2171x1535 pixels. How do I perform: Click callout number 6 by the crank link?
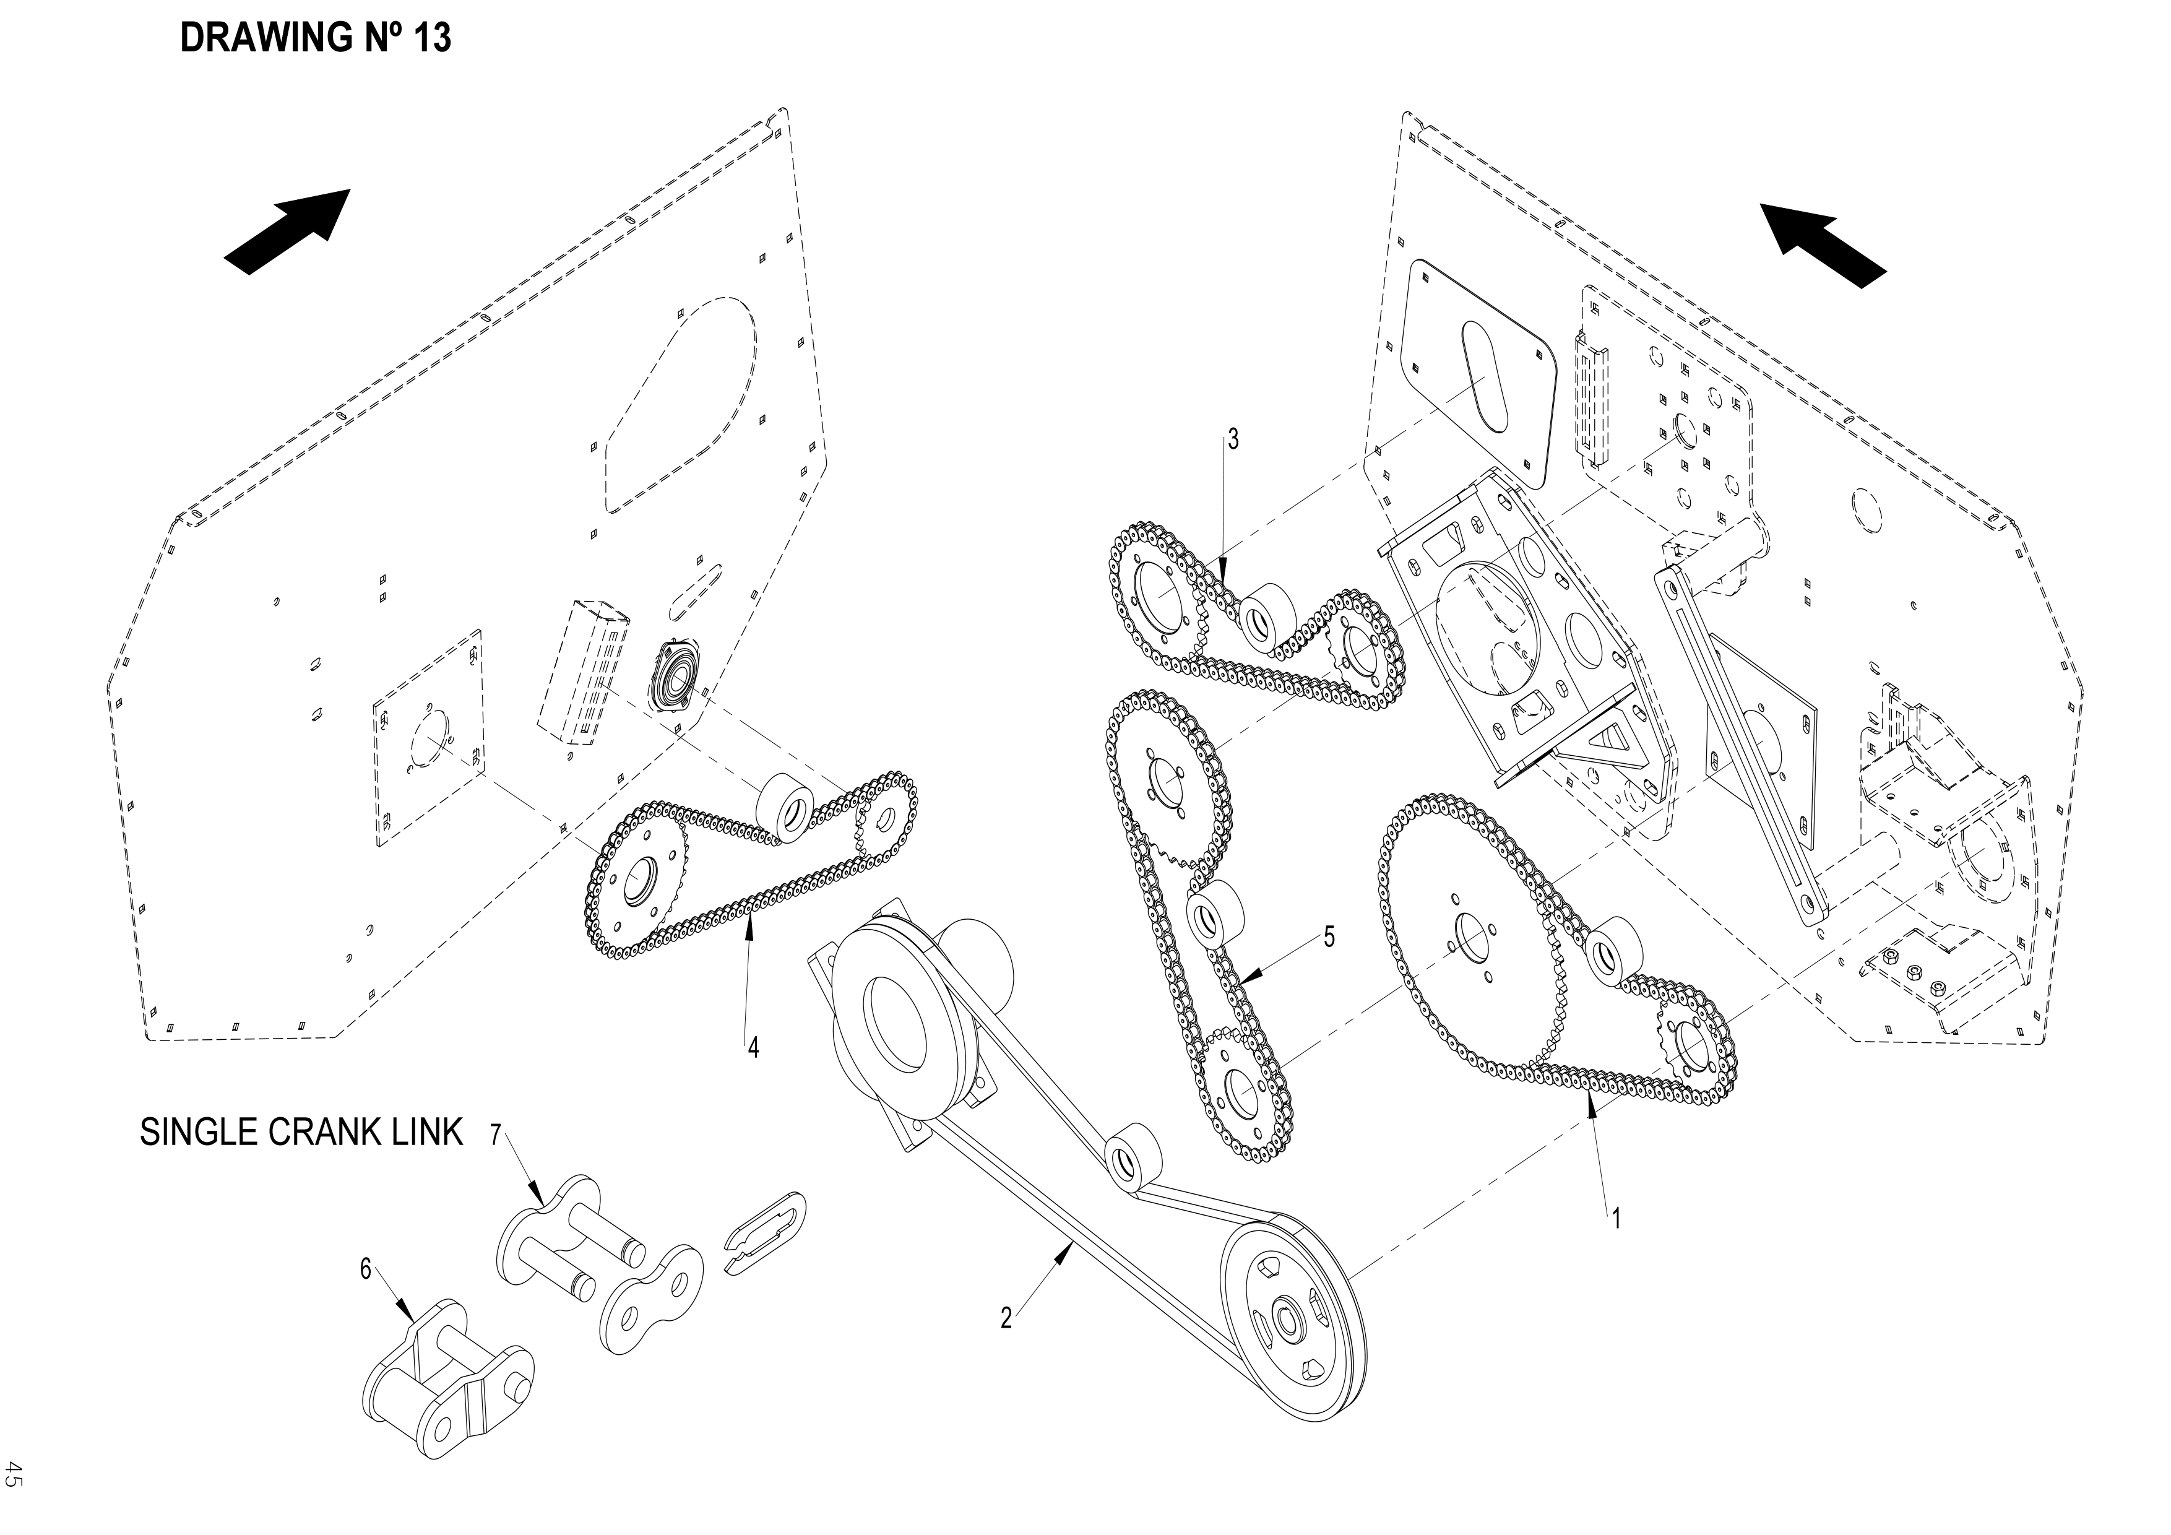366,1269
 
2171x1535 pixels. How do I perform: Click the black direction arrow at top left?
288,231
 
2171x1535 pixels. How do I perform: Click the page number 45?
13,1474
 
